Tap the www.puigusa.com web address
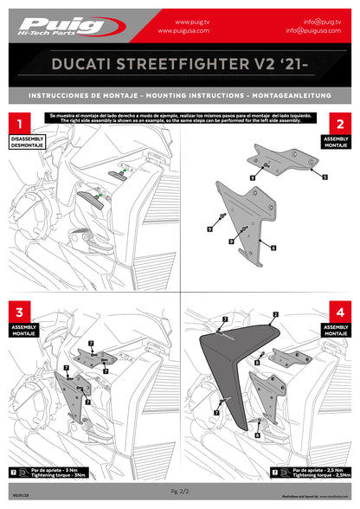pos(183,30)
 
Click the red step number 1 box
pos(20,125)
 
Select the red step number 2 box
pos(340,125)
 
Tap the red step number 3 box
pos(20,310)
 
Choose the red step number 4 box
pos(340,310)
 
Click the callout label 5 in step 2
pos(325,177)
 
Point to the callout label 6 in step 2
pos(273,248)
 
